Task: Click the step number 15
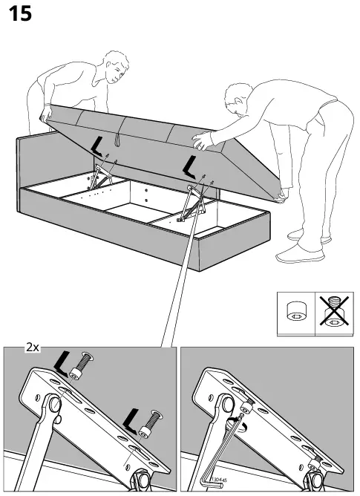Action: [x=20, y=14]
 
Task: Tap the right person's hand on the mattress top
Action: [x=200, y=137]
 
